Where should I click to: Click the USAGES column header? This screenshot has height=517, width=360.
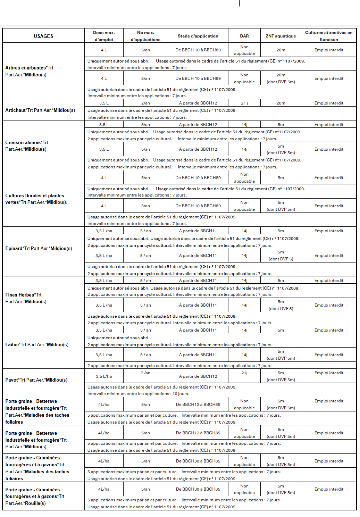point(43,36)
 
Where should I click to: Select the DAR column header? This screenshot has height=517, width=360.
point(244,36)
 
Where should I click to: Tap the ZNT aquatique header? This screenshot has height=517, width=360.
point(281,36)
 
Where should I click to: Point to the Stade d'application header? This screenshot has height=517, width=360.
point(198,36)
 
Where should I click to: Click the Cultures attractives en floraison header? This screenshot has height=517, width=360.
point(328,36)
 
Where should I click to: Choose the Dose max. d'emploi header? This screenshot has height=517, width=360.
point(104,36)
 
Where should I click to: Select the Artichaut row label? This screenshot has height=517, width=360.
point(40,110)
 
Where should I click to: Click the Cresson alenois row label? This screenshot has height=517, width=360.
point(27,146)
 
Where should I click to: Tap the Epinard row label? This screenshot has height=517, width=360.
point(39,248)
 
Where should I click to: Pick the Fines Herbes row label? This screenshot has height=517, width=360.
point(26,298)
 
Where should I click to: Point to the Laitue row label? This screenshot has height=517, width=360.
point(37,344)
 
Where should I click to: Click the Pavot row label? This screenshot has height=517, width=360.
point(36,380)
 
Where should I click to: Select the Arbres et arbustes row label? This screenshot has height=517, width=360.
point(29,71)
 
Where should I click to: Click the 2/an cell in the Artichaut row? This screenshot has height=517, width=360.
point(145,103)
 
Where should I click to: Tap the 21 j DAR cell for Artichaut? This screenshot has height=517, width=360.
point(244,103)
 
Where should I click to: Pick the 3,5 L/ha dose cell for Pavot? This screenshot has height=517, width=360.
point(104,376)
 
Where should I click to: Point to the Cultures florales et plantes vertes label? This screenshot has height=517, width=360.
point(36,199)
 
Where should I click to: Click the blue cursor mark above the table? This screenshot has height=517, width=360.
point(239,3)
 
